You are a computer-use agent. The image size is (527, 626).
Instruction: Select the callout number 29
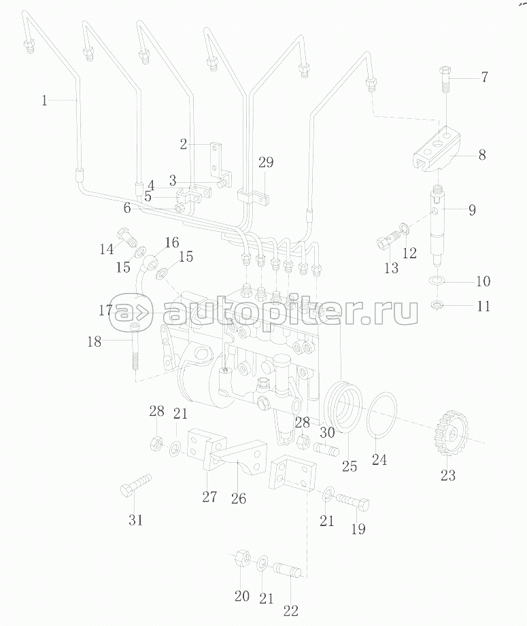pos(265,162)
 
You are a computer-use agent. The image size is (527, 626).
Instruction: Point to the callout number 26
pos(238,498)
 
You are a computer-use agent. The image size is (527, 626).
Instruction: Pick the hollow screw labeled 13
pos(388,242)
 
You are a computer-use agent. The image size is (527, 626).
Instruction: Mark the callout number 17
pos(105,310)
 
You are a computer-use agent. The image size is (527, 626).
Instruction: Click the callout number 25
pos(350,467)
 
